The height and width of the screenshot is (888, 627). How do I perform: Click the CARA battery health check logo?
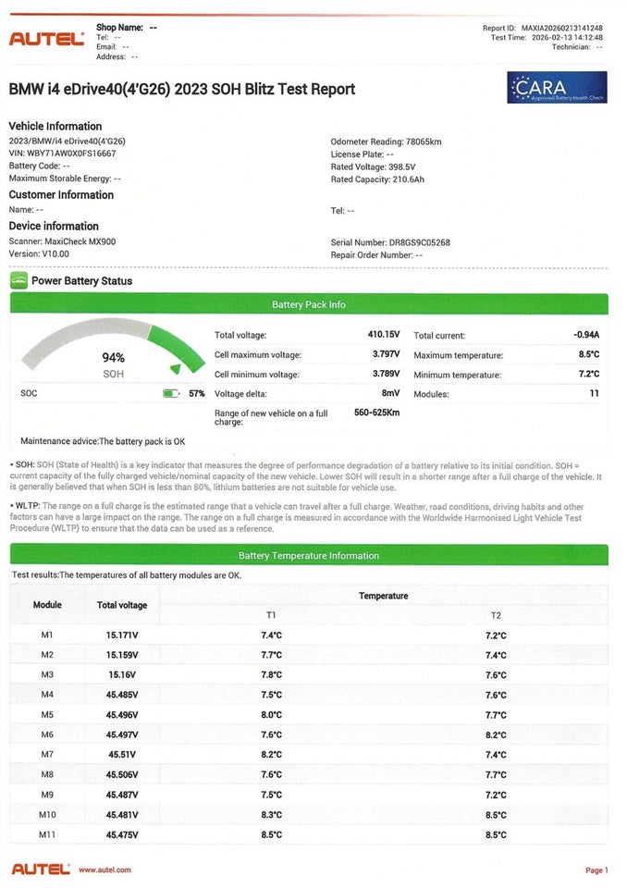coord(557,87)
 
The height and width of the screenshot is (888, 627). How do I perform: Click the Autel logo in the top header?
coord(46,39)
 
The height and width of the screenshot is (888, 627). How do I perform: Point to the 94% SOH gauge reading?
coord(113,358)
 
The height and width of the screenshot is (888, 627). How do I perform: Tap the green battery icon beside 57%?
coord(170,393)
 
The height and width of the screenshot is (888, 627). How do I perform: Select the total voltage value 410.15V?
coord(384,335)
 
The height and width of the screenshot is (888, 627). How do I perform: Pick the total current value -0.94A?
coord(585,335)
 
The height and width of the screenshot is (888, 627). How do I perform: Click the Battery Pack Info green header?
coord(309,304)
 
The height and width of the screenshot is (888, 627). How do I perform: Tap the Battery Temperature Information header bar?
coord(309,556)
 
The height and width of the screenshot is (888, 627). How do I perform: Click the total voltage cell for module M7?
coord(121,755)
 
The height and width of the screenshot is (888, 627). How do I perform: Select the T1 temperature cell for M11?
coord(271,835)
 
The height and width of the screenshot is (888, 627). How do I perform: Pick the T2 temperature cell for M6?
coord(496,735)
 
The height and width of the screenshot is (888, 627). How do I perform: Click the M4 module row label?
coord(47,695)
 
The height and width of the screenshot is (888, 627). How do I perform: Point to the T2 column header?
coord(496,615)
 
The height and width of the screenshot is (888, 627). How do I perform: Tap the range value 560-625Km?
coord(376,413)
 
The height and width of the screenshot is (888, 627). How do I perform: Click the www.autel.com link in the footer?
coord(104,869)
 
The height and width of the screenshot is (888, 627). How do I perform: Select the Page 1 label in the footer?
coord(596,870)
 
